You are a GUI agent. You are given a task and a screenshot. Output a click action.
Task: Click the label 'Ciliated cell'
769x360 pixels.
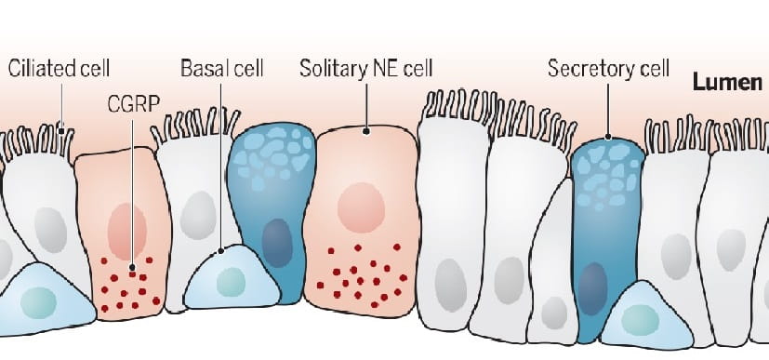point(60,68)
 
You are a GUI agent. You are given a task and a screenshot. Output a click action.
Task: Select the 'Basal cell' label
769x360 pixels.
point(222,68)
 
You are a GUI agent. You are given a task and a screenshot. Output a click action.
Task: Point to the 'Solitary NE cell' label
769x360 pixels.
point(366,68)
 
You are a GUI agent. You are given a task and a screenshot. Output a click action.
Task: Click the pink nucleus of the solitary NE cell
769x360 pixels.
point(358,207)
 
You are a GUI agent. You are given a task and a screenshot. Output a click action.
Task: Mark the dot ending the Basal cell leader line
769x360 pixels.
point(220,249)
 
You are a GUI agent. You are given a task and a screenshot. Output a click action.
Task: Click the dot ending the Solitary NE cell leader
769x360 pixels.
point(366,131)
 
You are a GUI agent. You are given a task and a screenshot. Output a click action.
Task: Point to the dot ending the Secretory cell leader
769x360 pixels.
point(606,139)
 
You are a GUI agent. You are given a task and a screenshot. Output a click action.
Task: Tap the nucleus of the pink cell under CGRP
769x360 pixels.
point(126,231)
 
